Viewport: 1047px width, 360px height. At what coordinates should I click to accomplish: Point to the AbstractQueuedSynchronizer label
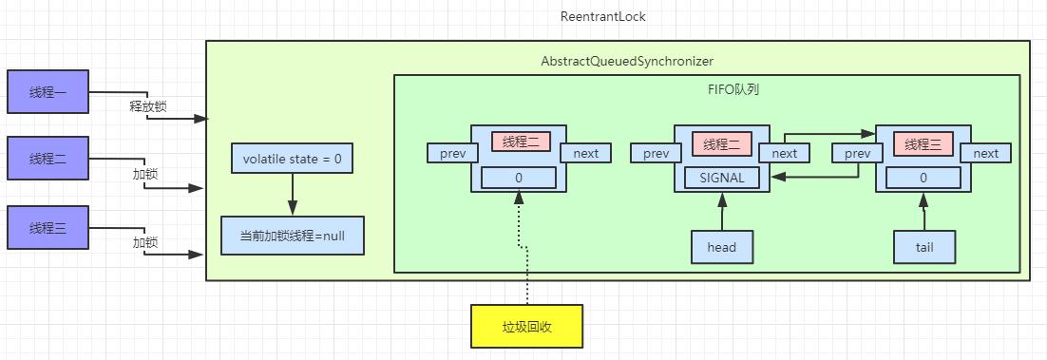point(626,61)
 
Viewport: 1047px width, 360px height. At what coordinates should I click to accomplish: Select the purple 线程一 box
point(48,92)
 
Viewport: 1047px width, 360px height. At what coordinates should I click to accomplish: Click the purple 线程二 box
point(48,159)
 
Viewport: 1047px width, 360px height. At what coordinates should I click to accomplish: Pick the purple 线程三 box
point(48,228)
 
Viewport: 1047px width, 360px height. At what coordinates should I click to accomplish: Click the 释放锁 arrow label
point(147,106)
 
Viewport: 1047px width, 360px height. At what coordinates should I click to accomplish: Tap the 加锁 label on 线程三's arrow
point(145,243)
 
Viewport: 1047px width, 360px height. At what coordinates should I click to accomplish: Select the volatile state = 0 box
point(292,159)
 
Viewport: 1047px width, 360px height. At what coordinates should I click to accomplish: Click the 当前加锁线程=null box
point(292,236)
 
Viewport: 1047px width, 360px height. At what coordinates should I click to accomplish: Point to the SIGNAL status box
point(722,178)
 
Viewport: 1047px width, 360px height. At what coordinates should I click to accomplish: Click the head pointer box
point(722,247)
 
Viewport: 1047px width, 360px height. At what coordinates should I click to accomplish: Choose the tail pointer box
point(923,247)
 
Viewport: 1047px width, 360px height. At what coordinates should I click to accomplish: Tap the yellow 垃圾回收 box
point(525,326)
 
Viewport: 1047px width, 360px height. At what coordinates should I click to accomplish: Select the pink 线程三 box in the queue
point(923,144)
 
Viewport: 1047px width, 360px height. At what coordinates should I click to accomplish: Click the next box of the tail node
point(985,154)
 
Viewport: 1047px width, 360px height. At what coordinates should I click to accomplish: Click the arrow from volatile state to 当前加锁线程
point(292,195)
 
